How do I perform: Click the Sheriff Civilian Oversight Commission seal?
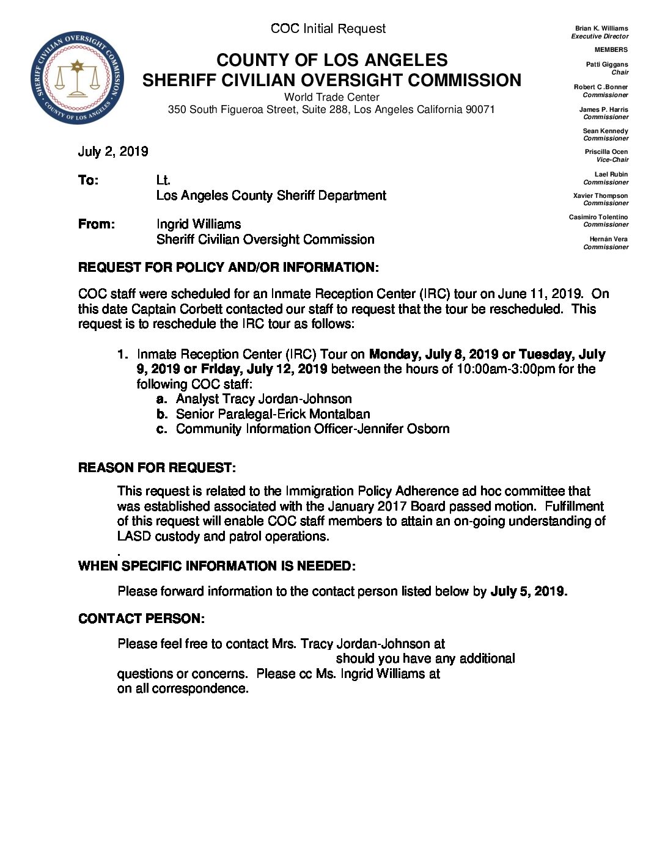(x=77, y=78)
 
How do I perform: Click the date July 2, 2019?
(x=113, y=151)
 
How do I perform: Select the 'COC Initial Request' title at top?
(x=328, y=29)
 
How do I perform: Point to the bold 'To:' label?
(x=88, y=180)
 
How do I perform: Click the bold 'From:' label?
(x=97, y=224)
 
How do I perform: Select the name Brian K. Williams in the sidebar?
(x=601, y=28)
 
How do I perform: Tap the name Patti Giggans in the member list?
(x=607, y=64)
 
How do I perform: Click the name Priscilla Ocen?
(x=606, y=151)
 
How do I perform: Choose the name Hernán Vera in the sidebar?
(x=608, y=239)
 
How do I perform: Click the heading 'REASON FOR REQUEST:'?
(x=157, y=468)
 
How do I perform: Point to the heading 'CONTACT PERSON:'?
(x=141, y=619)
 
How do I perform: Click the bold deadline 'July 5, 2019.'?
(x=529, y=591)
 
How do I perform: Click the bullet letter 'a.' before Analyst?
(x=161, y=399)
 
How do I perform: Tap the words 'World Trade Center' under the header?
(x=332, y=97)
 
